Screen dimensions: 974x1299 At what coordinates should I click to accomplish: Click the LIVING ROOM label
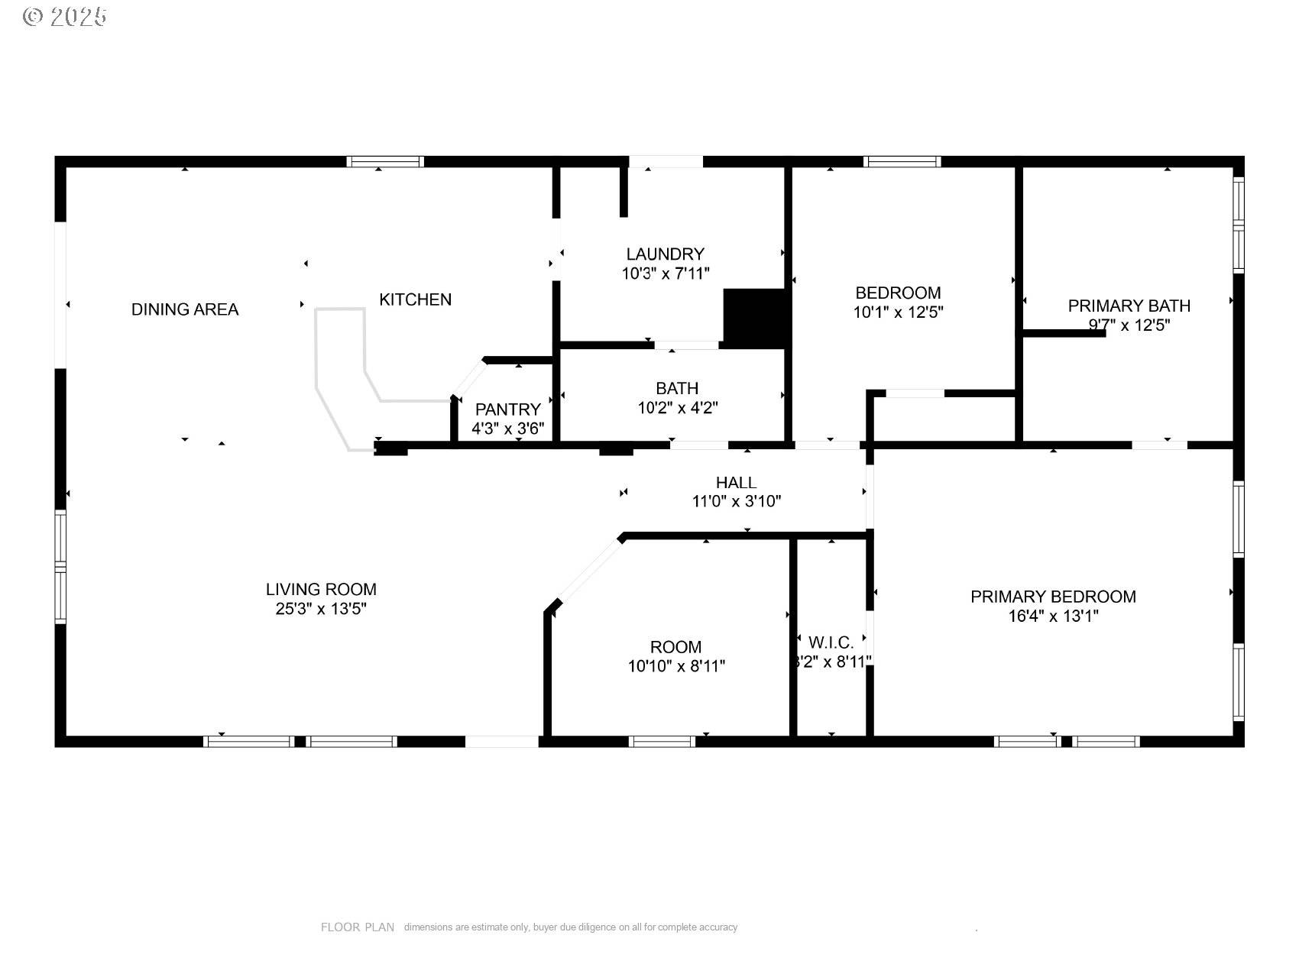pyautogui.click(x=321, y=589)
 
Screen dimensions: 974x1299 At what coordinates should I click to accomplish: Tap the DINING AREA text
pyautogui.click(x=185, y=309)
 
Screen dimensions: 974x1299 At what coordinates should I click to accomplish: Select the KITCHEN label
pyautogui.click(x=415, y=299)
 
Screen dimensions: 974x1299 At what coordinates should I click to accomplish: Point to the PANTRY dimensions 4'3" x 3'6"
pyautogui.click(x=507, y=429)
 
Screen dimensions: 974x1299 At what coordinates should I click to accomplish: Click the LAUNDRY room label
pyautogui.click(x=665, y=254)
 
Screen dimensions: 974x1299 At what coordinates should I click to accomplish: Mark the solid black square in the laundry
pyautogui.click(x=754, y=318)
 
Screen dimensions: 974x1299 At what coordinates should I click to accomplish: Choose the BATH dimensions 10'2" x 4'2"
pyautogui.click(x=677, y=408)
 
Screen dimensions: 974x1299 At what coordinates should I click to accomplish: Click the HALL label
pyautogui.click(x=736, y=482)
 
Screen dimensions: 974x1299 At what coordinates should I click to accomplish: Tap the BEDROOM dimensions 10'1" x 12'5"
pyautogui.click(x=898, y=312)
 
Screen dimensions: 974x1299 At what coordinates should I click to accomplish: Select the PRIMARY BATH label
pyautogui.click(x=1129, y=306)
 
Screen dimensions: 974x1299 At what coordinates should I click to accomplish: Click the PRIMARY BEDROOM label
pyautogui.click(x=1052, y=597)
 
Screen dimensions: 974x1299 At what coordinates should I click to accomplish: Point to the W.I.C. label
pyautogui.click(x=831, y=642)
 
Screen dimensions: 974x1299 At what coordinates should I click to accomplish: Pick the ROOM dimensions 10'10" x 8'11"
pyautogui.click(x=676, y=666)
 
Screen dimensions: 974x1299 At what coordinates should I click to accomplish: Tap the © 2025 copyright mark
pyautogui.click(x=65, y=16)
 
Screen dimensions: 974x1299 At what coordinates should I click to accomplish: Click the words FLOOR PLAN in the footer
pyautogui.click(x=357, y=927)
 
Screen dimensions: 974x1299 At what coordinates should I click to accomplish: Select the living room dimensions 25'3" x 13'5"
pyautogui.click(x=321, y=609)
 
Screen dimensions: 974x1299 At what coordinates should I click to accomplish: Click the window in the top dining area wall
pyautogui.click(x=384, y=161)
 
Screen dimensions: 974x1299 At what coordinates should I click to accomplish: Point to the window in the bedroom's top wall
pyautogui.click(x=902, y=161)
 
